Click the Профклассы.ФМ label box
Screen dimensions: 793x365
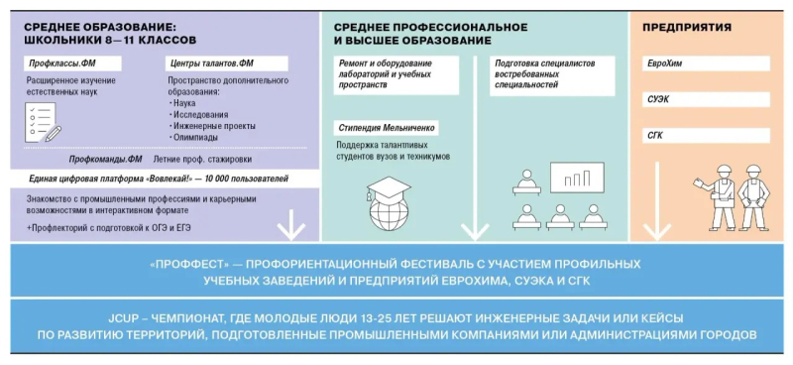[72, 63]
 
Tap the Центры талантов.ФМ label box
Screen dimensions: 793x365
[227, 63]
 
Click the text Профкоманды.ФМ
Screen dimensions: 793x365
[106, 160]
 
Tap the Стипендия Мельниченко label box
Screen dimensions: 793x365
[387, 128]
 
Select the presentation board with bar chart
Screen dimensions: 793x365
[577, 178]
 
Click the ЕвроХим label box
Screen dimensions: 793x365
[707, 63]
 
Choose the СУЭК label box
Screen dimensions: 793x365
[707, 100]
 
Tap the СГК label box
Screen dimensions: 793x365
[707, 136]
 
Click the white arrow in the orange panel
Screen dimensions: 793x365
[656, 201]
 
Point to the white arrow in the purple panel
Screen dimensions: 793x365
[291, 224]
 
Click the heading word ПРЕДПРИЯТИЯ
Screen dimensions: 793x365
[687, 28]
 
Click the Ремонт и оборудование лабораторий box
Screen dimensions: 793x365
[396, 75]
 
